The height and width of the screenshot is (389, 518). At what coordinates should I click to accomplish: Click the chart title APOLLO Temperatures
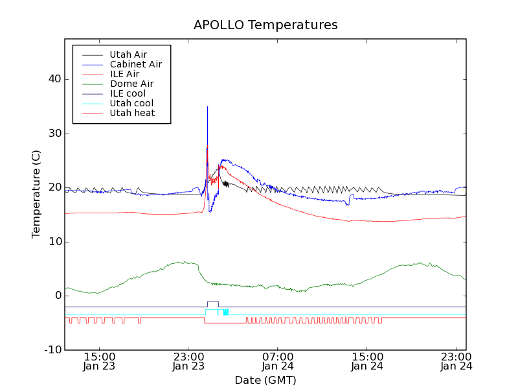[265, 25]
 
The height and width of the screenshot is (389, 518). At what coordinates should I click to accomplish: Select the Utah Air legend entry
[128, 54]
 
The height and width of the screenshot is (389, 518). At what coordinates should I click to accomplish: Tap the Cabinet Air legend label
[135, 64]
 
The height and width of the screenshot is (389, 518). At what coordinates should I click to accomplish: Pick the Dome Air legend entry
[131, 84]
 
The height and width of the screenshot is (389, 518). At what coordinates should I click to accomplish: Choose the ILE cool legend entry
[128, 93]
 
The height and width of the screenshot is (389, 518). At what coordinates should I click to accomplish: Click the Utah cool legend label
[131, 103]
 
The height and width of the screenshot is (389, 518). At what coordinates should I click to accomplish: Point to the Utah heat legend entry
[132, 113]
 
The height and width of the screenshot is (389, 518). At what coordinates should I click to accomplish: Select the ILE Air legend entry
[124, 74]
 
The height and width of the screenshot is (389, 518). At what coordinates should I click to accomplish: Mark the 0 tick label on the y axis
[58, 296]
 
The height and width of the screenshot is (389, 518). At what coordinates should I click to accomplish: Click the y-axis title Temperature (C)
[36, 194]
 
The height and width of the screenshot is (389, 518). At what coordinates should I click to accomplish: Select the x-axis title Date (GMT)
[265, 380]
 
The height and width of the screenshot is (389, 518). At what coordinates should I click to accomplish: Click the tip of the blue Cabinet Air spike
[207, 107]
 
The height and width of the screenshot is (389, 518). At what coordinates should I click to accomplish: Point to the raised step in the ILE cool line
[212, 301]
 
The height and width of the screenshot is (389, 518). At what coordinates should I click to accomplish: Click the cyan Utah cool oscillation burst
[225, 312]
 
